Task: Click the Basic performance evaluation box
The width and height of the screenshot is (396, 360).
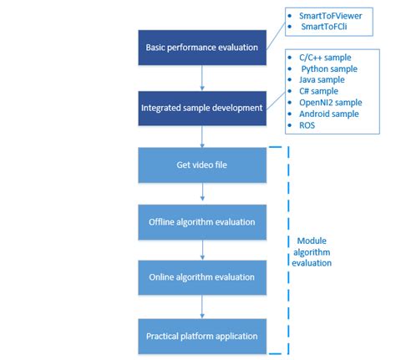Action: (201, 47)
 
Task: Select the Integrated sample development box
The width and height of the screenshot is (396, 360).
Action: (201, 108)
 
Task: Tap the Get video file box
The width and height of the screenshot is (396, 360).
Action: (201, 165)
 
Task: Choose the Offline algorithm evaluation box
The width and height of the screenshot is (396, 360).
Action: (201, 221)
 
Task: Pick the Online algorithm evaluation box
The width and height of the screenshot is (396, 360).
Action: (201, 276)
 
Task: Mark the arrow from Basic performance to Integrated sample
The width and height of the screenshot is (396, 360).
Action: (201, 77)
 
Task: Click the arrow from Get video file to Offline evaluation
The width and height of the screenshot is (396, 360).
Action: (201, 193)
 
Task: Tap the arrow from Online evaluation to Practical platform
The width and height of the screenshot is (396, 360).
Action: (201, 306)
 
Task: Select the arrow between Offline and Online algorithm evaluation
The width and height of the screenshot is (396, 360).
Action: (201, 249)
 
